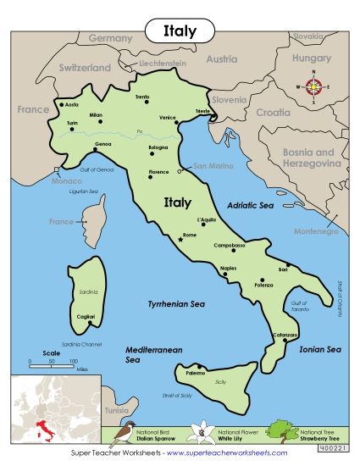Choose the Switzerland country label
[85, 67]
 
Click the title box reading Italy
[180, 31]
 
